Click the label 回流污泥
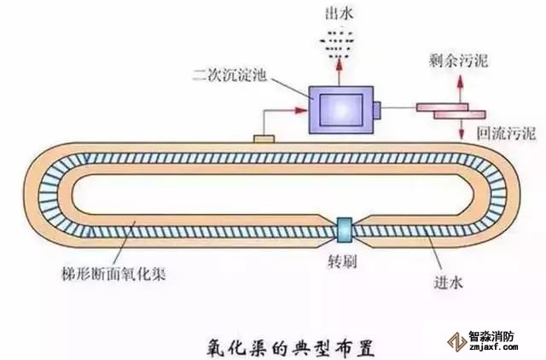point(506,133)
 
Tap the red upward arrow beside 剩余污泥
point(461,88)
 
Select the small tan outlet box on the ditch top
point(263,136)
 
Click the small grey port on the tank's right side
point(377,109)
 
